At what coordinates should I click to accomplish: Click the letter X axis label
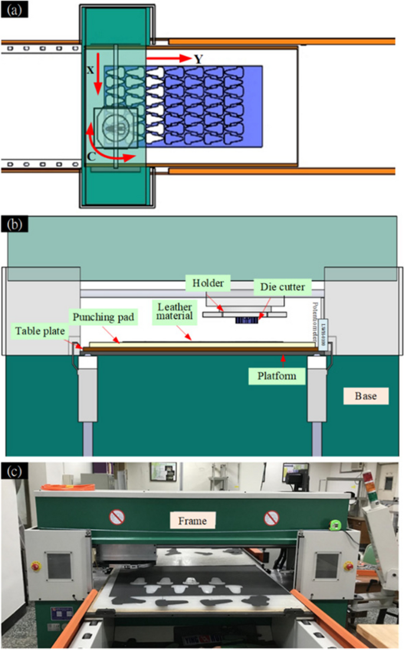[x=90, y=69]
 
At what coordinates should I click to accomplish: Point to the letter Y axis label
[x=199, y=58]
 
